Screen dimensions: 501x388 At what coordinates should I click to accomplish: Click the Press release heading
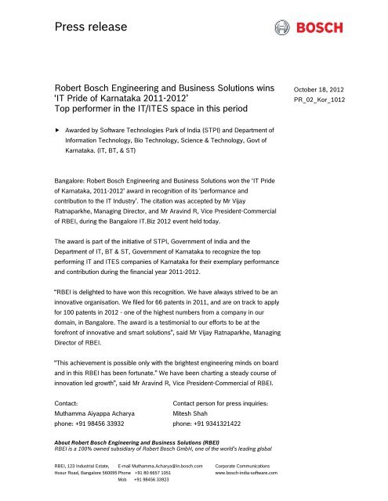(x=88, y=30)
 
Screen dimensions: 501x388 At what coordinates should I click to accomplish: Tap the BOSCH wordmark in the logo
(x=319, y=30)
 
